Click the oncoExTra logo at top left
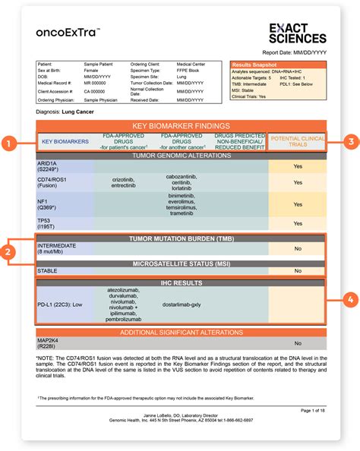pyautogui.click(x=68, y=33)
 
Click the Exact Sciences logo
pyautogui.click(x=298, y=32)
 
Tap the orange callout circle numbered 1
pyautogui.click(x=9, y=142)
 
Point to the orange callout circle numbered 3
pyautogui.click(x=350, y=140)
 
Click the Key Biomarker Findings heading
pyautogui.click(x=181, y=126)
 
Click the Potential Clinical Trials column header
pyautogui.click(x=297, y=140)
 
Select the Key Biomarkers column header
pyautogui.click(x=65, y=141)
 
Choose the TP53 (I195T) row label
pyautogui.click(x=47, y=222)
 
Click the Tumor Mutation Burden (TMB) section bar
pyautogui.click(x=181, y=239)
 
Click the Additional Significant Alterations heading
pyautogui.click(x=181, y=333)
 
